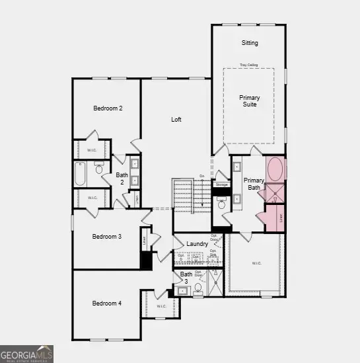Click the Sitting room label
coord(249,43)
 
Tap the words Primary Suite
coord(249,101)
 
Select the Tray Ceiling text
coord(249,65)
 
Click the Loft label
coord(176,120)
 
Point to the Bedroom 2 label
coord(108,108)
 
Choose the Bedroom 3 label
coord(106,236)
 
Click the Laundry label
coord(198,244)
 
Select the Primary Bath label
coord(254,184)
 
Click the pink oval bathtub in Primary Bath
coord(275,170)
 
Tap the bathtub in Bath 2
coord(81,175)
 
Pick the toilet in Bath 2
coord(99,169)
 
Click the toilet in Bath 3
coord(198,288)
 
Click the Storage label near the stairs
coord(221,184)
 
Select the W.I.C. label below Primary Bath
coord(256,263)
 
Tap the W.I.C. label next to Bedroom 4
coord(162,306)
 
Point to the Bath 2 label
coord(122,179)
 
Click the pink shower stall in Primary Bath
coord(275,193)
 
